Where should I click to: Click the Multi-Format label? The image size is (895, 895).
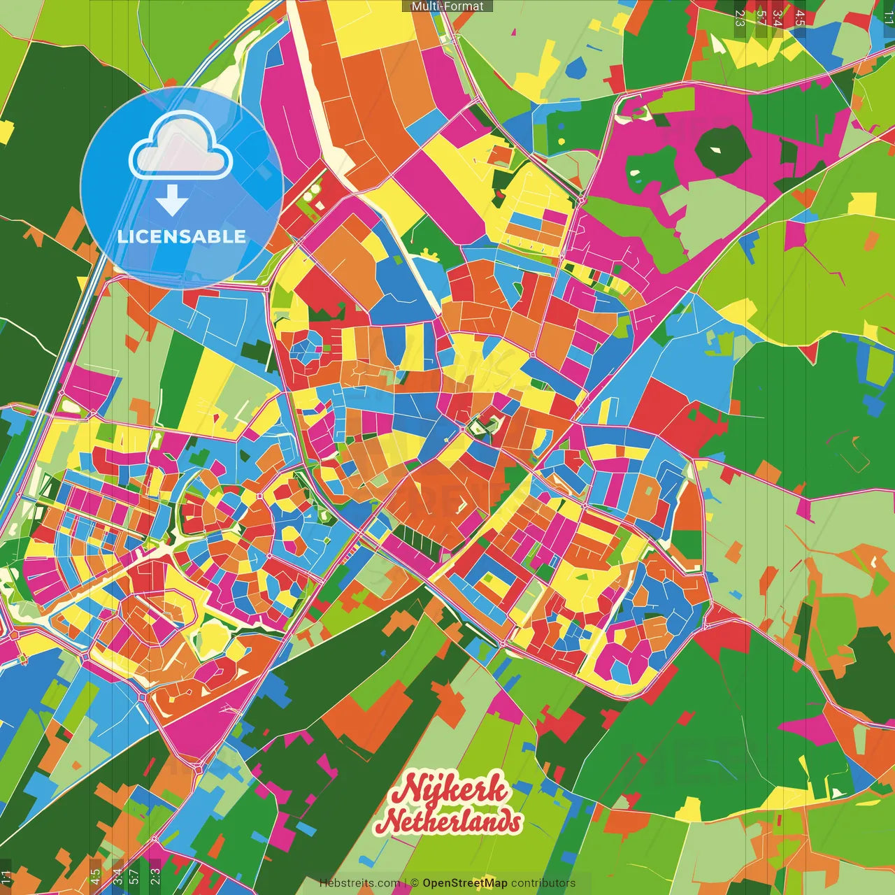pos(447,6)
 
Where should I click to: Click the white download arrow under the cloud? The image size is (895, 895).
pos(172,200)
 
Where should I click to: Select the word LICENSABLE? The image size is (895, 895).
pos(182,236)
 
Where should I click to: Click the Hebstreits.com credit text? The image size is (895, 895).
pos(359,883)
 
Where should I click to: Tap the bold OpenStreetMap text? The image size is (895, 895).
pos(465,883)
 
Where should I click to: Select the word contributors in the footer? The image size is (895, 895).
pos(543,883)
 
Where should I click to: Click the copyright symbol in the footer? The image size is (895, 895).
pos(415,883)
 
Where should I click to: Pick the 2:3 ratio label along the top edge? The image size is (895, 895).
pos(740,18)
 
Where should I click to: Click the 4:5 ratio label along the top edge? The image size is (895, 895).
pos(800,18)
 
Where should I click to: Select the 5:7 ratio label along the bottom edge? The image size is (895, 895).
pos(134,875)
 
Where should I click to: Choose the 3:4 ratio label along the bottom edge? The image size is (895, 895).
pos(117,875)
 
